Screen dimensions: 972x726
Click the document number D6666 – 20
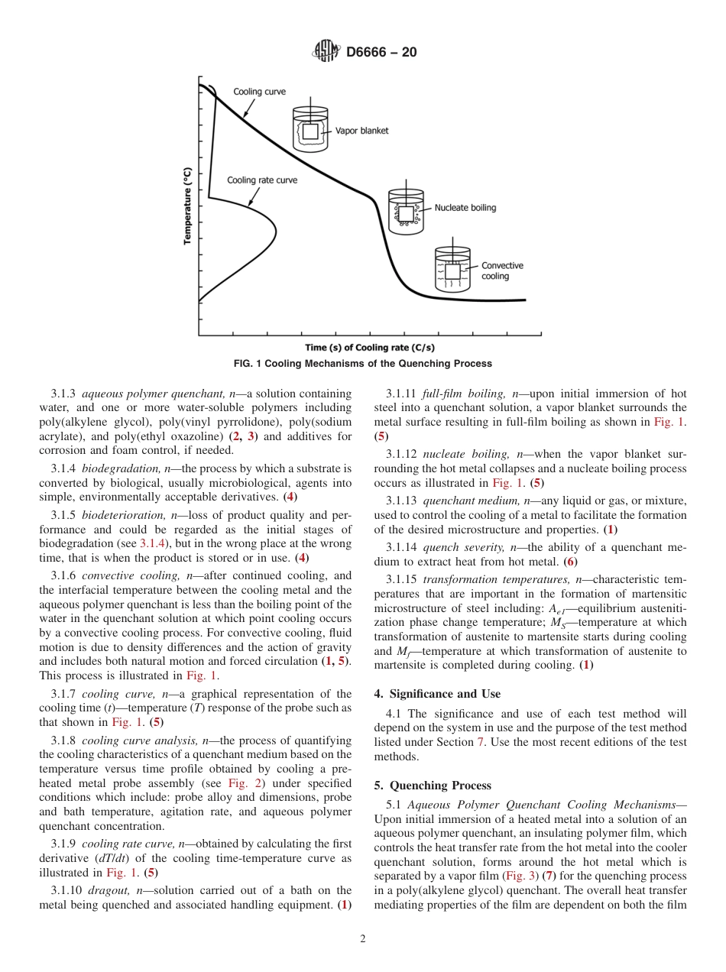(381, 53)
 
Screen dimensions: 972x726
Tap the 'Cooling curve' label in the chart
(259, 92)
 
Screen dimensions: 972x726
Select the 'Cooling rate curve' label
(262, 180)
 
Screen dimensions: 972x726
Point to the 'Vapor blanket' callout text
(361, 131)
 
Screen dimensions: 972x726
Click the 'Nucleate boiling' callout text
(465, 207)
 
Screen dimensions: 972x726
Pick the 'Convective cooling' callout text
(501, 271)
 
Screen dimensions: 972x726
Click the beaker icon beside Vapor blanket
(310, 129)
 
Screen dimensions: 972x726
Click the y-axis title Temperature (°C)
(187, 206)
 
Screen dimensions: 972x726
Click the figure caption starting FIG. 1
(362, 364)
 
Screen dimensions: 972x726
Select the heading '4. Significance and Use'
(437, 694)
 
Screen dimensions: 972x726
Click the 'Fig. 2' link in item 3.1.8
(239, 783)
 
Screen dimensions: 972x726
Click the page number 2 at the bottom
(363, 939)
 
